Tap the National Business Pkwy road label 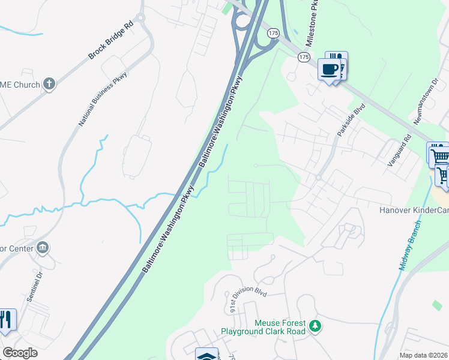point(96,99)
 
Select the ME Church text point(20,85)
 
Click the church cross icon point(49,85)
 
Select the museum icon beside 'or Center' point(43,247)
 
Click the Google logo point(20,353)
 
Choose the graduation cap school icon point(206,355)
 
